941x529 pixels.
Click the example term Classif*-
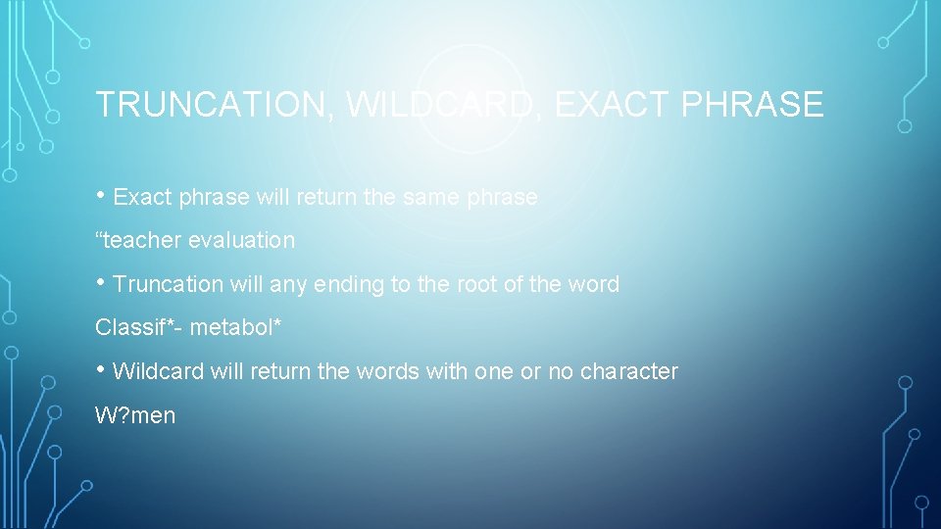pyautogui.click(x=138, y=327)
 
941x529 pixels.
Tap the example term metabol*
pyautogui.click(x=235, y=327)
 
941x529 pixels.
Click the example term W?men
pyautogui.click(x=135, y=415)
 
